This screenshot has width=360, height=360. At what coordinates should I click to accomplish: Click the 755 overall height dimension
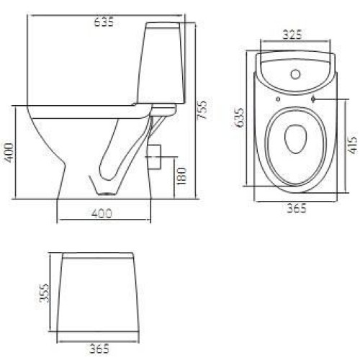click(x=202, y=109)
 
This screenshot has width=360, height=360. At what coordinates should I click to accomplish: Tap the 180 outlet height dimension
click(x=181, y=176)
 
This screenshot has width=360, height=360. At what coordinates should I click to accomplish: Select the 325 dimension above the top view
click(x=292, y=35)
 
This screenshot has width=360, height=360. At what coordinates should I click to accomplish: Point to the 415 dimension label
click(x=352, y=145)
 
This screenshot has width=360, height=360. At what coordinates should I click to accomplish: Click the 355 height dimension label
click(x=45, y=293)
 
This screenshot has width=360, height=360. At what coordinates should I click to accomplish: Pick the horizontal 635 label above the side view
click(x=104, y=22)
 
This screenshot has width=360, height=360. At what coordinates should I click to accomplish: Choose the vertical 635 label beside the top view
click(x=239, y=117)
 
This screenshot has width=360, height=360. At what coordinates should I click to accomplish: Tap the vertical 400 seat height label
click(x=9, y=153)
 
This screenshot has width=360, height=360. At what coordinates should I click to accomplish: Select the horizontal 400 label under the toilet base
click(x=102, y=213)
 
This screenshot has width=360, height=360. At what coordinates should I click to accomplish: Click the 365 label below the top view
click(x=297, y=208)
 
